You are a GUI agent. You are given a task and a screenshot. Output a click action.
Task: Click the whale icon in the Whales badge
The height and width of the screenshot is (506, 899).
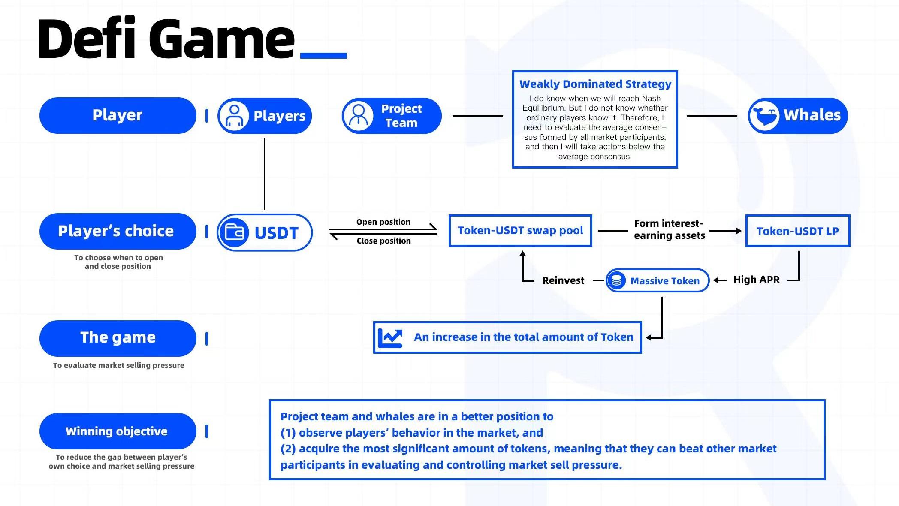tap(764, 116)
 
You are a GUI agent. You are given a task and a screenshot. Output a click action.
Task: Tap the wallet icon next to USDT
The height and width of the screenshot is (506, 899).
tap(234, 232)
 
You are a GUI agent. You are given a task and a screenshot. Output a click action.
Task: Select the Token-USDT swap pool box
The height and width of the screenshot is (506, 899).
tap(520, 231)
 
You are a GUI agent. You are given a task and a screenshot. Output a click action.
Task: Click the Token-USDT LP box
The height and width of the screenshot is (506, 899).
tap(797, 231)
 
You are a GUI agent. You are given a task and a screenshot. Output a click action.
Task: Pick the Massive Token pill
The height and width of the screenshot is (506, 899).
tap(657, 281)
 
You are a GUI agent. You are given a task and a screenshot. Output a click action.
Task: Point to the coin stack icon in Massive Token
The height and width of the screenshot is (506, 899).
tap(616, 281)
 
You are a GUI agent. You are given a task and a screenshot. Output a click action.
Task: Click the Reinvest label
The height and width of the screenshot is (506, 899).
tap(563, 280)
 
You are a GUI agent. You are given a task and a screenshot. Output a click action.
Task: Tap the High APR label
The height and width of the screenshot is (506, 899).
tap(756, 280)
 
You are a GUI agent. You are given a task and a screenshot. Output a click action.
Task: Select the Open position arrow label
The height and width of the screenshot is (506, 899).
tap(383, 222)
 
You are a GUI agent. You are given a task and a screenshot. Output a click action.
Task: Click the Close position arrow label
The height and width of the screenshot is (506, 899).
tap(383, 241)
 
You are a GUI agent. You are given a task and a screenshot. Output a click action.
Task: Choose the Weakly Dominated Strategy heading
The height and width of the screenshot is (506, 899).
tap(595, 84)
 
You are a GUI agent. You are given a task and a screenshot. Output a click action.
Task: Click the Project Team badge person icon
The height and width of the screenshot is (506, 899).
tap(358, 116)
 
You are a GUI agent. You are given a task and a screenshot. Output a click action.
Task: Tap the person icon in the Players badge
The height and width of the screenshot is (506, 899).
tap(234, 116)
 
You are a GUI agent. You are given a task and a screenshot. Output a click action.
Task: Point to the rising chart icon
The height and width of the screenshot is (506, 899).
tap(390, 338)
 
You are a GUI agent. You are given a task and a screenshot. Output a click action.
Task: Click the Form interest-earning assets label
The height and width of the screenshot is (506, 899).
tap(669, 229)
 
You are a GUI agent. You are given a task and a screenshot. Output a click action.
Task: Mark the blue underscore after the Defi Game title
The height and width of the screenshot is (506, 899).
tap(323, 55)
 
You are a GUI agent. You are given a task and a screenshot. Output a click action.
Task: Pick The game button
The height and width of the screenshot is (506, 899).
tap(118, 338)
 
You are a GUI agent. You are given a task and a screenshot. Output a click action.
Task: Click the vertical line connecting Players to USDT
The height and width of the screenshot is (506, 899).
tap(265, 174)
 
